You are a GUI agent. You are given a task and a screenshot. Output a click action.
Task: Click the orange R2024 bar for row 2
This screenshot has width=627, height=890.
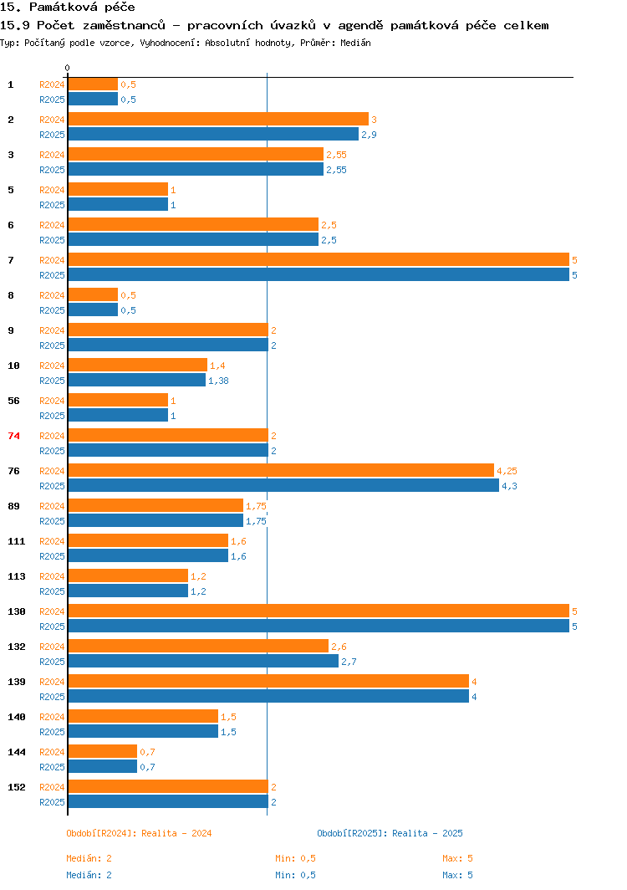click(218, 119)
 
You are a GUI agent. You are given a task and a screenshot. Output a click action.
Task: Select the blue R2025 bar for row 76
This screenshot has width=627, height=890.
click(283, 486)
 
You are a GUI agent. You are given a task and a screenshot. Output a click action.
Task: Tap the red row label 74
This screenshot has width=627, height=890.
click(13, 436)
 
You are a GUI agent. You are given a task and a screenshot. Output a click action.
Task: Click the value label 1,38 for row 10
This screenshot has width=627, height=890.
click(218, 381)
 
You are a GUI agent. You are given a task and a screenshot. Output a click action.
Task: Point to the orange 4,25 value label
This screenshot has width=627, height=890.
click(507, 471)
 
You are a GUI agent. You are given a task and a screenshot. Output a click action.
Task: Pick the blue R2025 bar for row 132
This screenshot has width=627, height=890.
click(203, 662)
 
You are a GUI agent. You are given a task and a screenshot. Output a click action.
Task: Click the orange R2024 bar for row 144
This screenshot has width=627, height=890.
click(103, 751)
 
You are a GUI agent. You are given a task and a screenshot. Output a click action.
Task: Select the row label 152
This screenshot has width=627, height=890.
click(17, 787)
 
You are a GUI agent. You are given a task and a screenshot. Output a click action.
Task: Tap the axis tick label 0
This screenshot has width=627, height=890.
click(68, 68)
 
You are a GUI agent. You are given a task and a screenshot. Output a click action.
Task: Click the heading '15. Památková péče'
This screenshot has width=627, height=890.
click(68, 8)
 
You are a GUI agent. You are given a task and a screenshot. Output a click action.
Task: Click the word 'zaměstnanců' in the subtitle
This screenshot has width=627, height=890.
click(124, 26)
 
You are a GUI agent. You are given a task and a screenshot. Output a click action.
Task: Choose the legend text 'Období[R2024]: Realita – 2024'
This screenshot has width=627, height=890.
click(139, 833)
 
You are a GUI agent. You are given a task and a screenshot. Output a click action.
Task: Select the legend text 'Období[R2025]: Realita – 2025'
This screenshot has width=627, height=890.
click(390, 833)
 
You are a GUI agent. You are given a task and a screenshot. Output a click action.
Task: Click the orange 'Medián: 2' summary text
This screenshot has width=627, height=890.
click(89, 858)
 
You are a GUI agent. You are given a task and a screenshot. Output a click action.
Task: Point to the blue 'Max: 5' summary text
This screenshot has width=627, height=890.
click(457, 875)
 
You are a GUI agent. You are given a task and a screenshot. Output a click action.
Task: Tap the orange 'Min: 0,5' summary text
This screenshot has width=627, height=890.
click(296, 858)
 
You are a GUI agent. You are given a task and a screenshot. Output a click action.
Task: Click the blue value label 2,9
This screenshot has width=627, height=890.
click(369, 136)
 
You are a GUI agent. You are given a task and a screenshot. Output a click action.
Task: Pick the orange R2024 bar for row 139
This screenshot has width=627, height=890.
click(268, 681)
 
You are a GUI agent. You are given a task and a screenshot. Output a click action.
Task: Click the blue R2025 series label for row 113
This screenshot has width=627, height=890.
click(52, 591)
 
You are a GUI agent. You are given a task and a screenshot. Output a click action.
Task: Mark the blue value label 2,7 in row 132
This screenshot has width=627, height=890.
click(349, 662)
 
